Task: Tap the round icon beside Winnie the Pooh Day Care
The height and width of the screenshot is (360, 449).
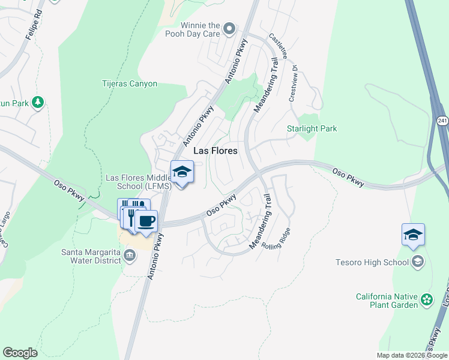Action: click(229, 28)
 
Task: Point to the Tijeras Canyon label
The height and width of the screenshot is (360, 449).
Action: click(130, 84)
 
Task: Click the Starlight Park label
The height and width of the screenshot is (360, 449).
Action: click(312, 128)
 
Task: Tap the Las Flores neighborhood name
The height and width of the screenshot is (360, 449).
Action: click(215, 151)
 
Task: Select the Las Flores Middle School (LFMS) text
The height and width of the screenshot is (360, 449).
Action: click(139, 182)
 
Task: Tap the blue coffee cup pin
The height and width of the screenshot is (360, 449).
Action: click(146, 221)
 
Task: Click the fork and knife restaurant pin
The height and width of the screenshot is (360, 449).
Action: click(128, 211)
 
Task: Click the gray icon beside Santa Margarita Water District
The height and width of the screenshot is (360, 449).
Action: click(128, 256)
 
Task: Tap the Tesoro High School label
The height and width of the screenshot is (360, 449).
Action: click(373, 262)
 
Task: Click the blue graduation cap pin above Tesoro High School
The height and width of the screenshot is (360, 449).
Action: click(413, 235)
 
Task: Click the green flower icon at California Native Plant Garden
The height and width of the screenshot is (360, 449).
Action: click(426, 299)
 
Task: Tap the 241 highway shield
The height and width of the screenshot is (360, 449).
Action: click(441, 121)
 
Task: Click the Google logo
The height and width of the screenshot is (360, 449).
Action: click(20, 353)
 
